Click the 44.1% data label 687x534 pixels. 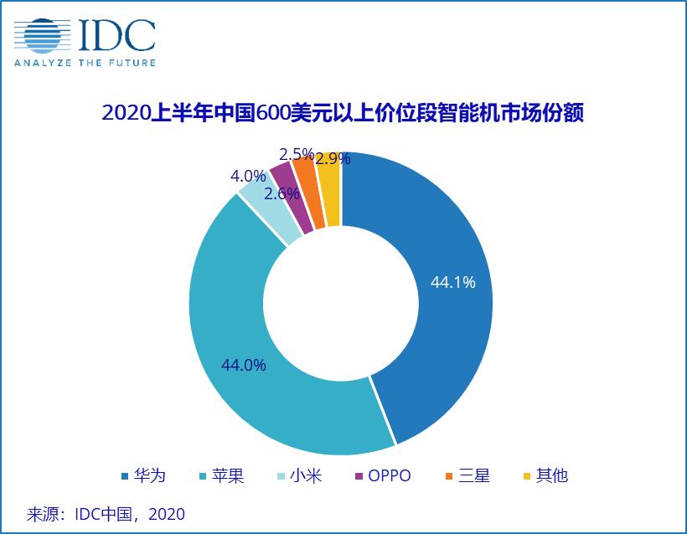pos(452,283)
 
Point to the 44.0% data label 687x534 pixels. pos(243,365)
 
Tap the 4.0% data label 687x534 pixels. pos(247,177)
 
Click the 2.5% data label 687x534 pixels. pos(296,154)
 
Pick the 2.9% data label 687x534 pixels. pos(333,157)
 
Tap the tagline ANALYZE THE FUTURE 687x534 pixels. pos(84,62)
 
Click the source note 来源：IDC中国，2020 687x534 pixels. pos(106,513)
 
